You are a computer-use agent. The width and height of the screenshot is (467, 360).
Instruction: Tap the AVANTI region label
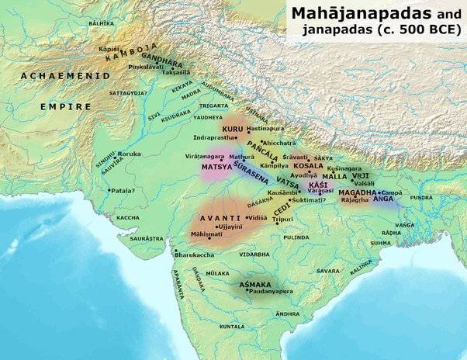218,218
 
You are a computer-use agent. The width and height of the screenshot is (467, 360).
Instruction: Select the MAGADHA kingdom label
358,192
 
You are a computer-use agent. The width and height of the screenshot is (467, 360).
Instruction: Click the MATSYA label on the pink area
216,165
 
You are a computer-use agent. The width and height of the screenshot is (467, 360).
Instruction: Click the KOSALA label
309,165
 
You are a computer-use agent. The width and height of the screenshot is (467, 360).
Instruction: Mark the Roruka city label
130,154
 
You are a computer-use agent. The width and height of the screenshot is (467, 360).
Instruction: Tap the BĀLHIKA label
101,24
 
